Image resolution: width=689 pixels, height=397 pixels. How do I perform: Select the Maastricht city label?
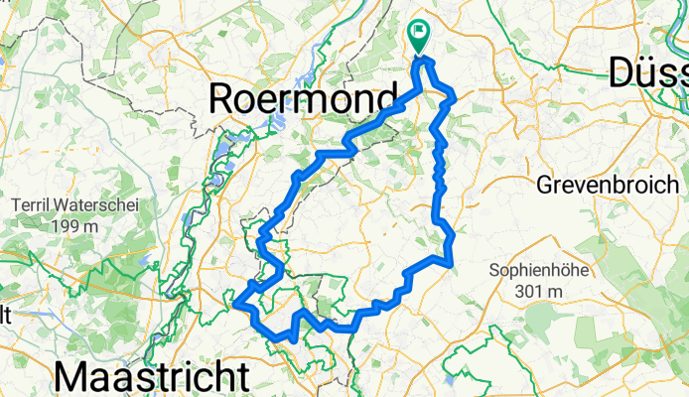(150, 378)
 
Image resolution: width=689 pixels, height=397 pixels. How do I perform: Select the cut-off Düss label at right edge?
(646, 72)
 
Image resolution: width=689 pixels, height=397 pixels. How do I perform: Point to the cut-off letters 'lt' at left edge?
(5, 315)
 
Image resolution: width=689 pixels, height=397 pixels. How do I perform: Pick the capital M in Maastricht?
(75, 378)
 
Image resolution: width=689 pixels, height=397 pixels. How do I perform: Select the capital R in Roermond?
(223, 100)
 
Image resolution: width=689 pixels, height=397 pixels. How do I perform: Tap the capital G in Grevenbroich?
(545, 185)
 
